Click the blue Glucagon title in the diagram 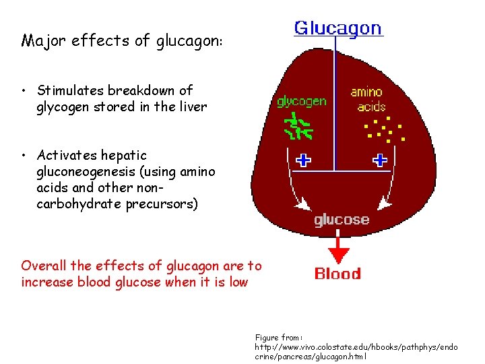[x=337, y=28]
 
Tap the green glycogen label [x=301, y=102]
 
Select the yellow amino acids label [x=367, y=99]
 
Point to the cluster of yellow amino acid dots [x=382, y=129]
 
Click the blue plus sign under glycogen [x=303, y=160]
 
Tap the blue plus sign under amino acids [x=381, y=160]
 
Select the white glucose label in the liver [x=342, y=220]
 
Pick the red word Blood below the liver [x=337, y=274]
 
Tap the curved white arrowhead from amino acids [x=383, y=203]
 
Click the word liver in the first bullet [x=193, y=107]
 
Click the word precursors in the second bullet [x=162, y=204]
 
